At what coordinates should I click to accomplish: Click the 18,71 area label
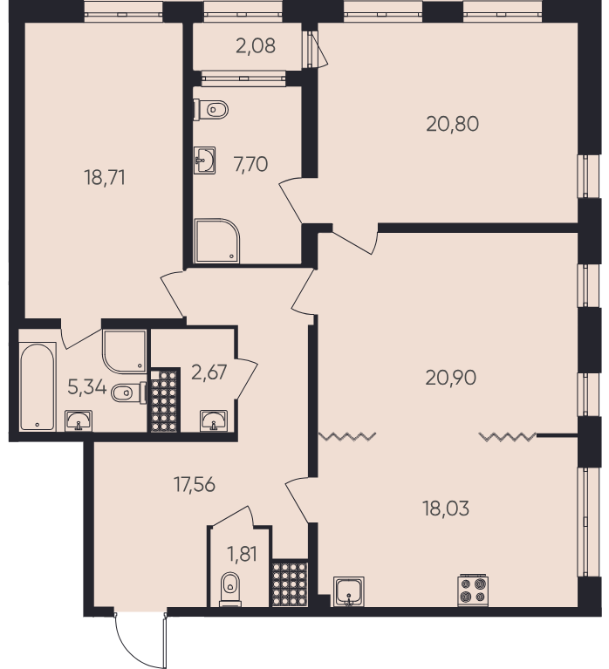point(105,177)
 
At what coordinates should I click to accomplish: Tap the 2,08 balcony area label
point(256,45)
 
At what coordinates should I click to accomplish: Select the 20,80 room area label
point(452,124)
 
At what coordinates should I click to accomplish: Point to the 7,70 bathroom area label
point(250,164)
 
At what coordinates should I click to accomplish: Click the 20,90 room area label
point(451,378)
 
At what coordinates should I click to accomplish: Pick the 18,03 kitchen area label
point(446,509)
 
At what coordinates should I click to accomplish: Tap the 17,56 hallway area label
point(195,485)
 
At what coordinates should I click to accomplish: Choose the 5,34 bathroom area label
point(86,387)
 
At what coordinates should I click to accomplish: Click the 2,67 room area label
point(209,372)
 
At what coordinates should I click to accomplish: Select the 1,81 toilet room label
point(242,554)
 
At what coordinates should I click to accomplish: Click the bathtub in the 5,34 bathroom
point(38,386)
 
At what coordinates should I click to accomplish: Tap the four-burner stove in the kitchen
point(473,590)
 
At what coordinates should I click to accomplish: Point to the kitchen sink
point(349,590)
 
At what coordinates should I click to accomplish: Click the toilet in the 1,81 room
point(230,590)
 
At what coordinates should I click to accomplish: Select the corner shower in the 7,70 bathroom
point(216,241)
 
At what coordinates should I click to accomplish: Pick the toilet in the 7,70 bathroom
point(211,110)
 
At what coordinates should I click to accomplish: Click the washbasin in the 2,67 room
point(214,420)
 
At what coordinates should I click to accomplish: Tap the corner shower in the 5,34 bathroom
point(124,352)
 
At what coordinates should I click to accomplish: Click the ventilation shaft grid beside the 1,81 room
point(290,583)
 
